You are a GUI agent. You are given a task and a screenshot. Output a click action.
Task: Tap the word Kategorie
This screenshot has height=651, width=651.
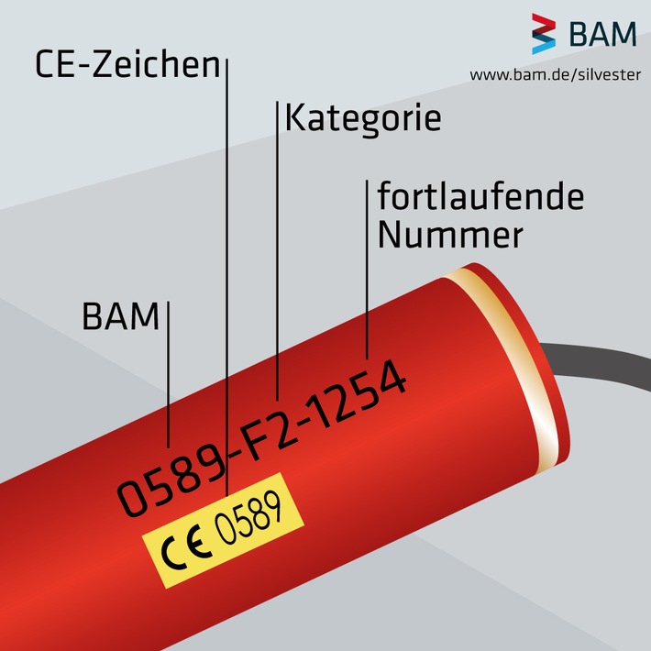[x=363, y=119]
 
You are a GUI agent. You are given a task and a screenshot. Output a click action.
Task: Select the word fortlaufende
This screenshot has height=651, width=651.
[x=480, y=197]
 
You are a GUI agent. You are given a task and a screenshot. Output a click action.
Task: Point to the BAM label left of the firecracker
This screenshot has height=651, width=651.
[x=120, y=317]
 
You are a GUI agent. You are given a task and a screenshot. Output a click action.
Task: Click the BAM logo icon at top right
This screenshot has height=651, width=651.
[x=544, y=35]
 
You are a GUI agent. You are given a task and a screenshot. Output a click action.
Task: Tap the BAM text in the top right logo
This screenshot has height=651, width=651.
[x=602, y=35]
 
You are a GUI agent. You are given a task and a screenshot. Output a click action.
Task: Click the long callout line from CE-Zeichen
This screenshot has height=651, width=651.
[x=226, y=275]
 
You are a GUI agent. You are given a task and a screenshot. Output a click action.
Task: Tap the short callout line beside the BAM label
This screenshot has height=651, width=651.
[x=168, y=376]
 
